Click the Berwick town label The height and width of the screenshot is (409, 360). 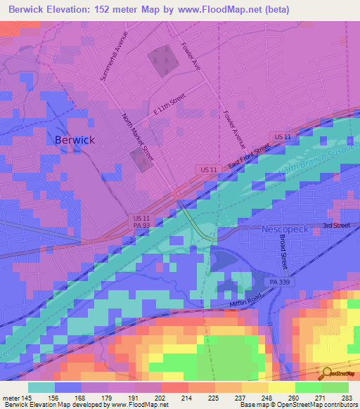click(74, 140)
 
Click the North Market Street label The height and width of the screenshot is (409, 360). click(138, 138)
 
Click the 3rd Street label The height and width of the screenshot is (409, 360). click(335, 226)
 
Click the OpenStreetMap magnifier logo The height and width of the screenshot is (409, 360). click(326, 372)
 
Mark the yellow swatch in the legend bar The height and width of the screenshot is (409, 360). click(282, 387)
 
